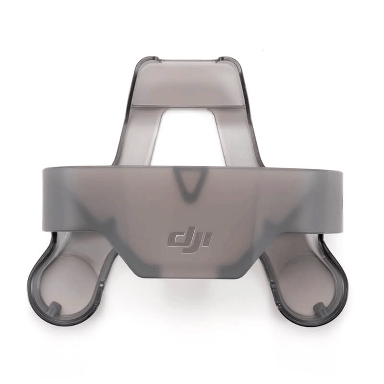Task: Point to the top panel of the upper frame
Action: (187, 83)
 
